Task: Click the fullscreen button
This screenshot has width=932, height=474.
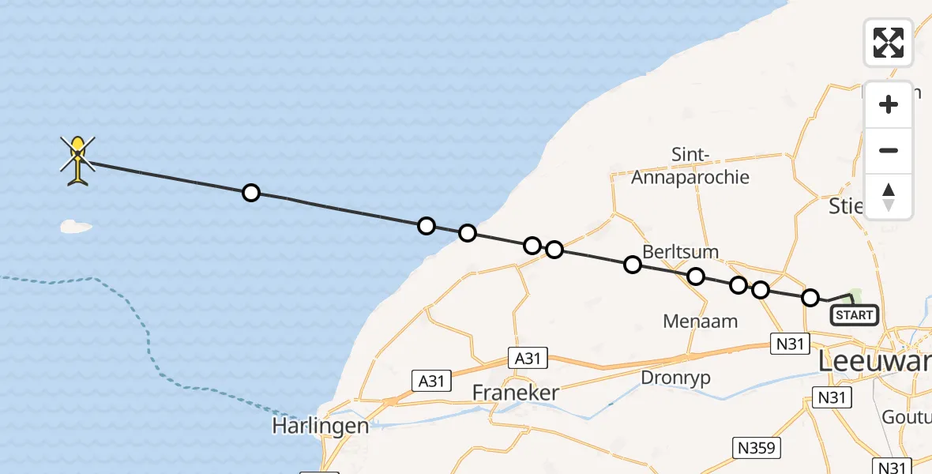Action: point(889,43)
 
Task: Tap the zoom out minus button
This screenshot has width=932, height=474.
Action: point(889,150)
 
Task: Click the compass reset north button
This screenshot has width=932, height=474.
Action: point(889,197)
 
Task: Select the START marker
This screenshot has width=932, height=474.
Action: point(855,315)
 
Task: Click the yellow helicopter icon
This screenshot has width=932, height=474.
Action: point(77,160)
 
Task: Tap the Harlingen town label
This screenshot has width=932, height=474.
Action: point(320,426)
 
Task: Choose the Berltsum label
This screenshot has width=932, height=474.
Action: point(681,252)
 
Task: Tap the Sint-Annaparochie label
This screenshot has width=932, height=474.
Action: point(690,167)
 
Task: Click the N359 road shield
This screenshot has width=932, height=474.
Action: point(757,447)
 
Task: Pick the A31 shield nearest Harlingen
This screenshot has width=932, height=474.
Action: point(431,382)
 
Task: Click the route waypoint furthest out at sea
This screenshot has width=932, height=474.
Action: point(250,193)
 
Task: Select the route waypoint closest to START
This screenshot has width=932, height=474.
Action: point(810,298)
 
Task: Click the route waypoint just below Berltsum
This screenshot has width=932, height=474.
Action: point(695,276)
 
